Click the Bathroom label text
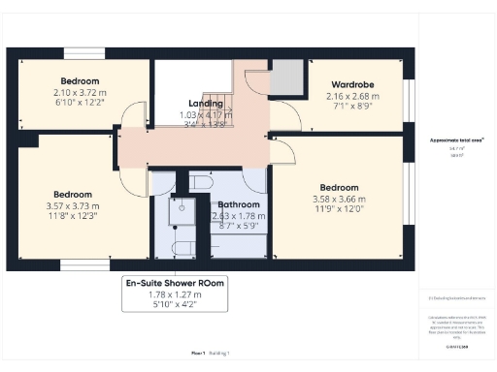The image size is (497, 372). coord(238,205)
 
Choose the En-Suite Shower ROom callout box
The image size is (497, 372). coord(175,294)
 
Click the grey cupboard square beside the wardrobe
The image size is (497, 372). coord(285,77)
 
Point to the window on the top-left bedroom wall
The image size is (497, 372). coord(81,52)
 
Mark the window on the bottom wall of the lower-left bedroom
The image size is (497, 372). coord(80,263)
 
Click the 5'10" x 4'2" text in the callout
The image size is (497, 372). coord(175,304)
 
